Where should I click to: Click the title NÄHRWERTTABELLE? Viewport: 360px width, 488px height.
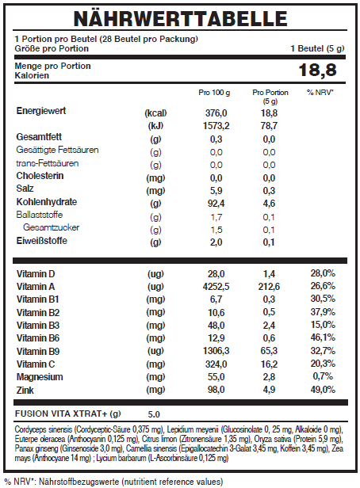[x=180, y=18]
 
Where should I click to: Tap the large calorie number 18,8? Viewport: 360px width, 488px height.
[x=317, y=70]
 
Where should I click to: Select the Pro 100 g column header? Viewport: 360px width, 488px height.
[x=214, y=93]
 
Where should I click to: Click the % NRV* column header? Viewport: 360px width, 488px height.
[x=320, y=93]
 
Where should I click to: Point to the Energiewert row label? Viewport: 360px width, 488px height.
[x=41, y=111]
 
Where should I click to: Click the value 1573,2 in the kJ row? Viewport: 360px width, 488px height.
[x=216, y=126]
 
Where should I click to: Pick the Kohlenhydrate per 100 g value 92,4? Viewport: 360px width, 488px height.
[x=216, y=204]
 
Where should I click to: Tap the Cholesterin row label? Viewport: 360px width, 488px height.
[x=40, y=176]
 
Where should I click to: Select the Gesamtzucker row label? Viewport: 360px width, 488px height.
[x=51, y=227]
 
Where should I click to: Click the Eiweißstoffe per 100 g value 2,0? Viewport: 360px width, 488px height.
[x=216, y=242]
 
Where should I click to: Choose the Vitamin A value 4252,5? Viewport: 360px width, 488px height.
[x=216, y=287]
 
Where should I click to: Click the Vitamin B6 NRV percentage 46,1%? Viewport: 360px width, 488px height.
[x=323, y=337]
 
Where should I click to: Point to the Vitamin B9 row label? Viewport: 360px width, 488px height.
[x=38, y=352]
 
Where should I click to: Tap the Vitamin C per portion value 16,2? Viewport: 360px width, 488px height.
[x=269, y=364]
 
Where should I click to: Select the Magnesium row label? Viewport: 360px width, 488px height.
[x=40, y=377]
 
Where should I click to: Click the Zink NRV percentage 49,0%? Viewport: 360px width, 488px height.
[x=323, y=390]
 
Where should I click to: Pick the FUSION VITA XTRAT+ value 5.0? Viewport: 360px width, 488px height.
[x=154, y=414]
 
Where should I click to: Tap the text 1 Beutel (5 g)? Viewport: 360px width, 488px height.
[x=318, y=48]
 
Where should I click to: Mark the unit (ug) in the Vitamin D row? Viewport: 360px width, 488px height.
[x=155, y=274]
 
